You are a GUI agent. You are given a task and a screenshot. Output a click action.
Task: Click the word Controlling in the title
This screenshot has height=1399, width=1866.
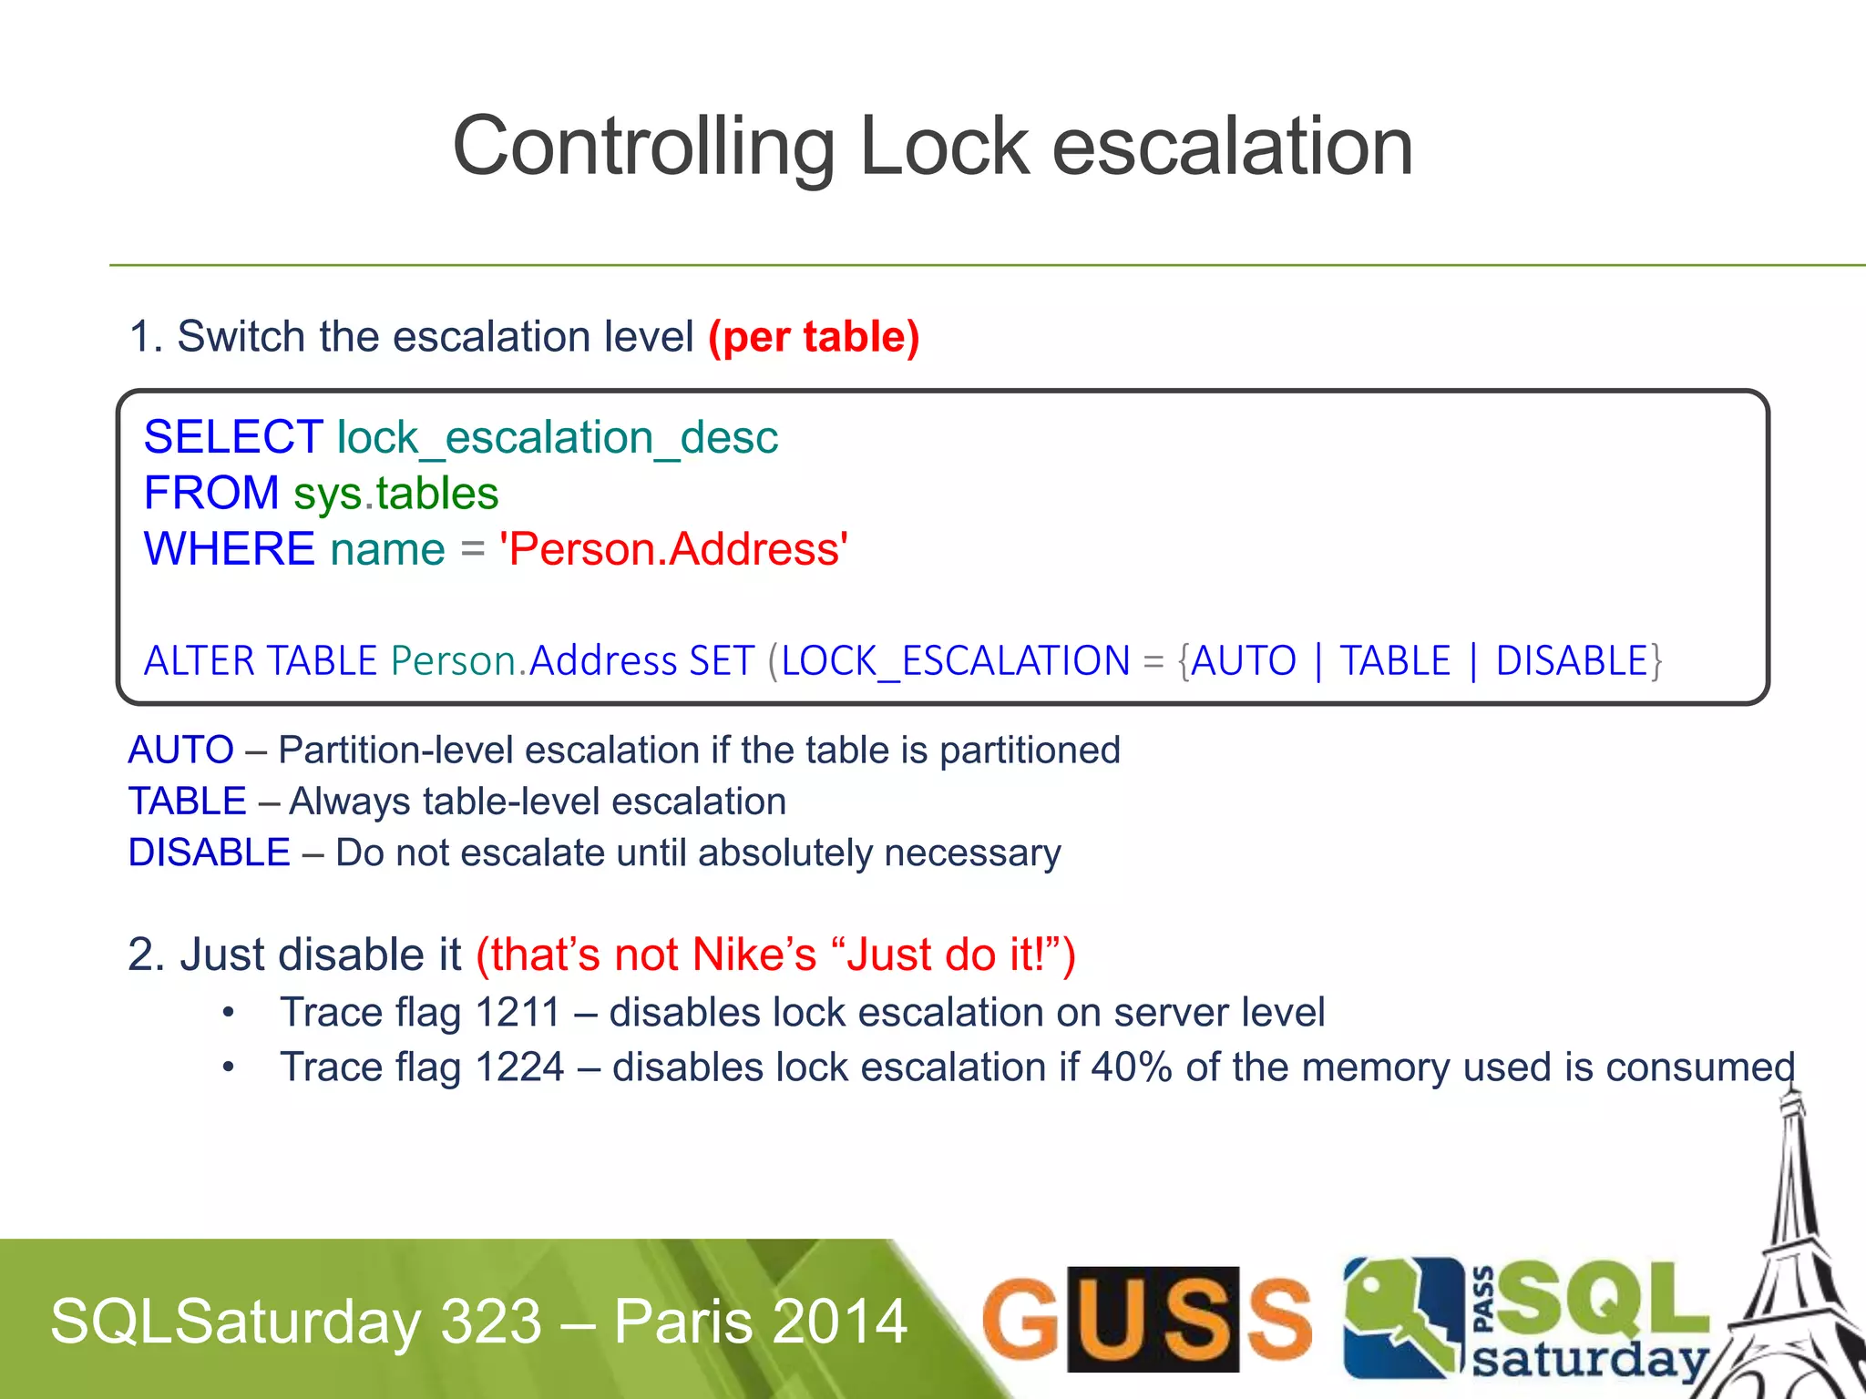643,147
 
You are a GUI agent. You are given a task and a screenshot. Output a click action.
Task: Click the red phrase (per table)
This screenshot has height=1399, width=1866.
814,337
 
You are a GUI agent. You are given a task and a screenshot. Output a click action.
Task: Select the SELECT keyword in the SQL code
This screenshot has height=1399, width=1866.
233,437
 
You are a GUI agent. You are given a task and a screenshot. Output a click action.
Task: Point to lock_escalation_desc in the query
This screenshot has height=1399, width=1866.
558,438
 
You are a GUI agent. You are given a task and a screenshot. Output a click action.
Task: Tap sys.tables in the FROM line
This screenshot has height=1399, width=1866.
395,494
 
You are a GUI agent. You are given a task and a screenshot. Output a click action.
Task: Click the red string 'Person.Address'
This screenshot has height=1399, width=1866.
674,549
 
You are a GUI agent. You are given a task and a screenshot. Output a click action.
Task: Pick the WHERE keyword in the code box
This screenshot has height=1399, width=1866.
230,549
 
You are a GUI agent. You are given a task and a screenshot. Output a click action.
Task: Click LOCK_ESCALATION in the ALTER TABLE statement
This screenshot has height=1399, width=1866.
956,661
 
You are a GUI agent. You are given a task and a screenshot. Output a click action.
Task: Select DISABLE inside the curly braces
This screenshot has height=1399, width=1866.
1572,661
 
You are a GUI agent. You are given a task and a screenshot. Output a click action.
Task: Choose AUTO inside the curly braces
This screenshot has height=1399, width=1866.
1244,661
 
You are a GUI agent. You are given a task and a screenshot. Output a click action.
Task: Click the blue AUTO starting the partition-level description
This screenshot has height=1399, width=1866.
181,751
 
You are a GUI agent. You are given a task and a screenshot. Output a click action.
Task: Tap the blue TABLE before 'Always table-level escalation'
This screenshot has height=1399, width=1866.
188,802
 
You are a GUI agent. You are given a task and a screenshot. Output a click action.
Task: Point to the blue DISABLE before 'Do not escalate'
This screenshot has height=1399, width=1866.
210,853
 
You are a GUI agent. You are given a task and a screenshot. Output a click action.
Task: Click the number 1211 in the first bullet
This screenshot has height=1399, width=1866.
518,1013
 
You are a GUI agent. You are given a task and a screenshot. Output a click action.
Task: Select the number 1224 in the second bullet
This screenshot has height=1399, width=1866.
519,1067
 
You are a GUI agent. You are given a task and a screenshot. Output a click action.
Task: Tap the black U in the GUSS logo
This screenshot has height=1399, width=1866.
1110,1319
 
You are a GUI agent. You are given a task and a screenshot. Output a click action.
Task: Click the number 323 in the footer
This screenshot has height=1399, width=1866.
491,1322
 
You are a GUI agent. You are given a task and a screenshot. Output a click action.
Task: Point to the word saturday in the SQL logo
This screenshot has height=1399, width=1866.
1590,1361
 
